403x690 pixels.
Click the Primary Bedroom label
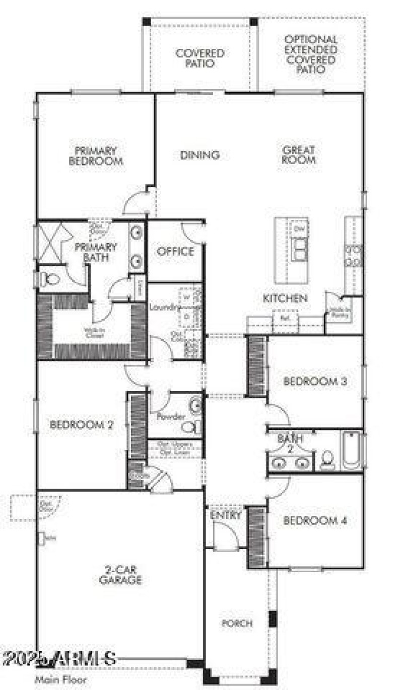click(x=96, y=156)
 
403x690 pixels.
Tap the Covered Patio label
click(x=200, y=58)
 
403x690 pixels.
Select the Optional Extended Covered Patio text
click(x=311, y=54)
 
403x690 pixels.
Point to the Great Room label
click(x=299, y=155)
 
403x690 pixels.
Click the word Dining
click(x=200, y=155)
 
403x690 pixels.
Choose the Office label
click(x=175, y=251)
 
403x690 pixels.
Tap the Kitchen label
click(x=285, y=298)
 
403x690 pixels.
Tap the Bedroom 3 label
click(x=315, y=381)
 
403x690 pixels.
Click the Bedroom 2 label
click(x=82, y=425)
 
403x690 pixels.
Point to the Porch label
click(x=237, y=623)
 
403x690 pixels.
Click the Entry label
click(x=226, y=515)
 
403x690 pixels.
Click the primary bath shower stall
click(x=52, y=241)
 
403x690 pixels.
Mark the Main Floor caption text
click(x=56, y=680)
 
